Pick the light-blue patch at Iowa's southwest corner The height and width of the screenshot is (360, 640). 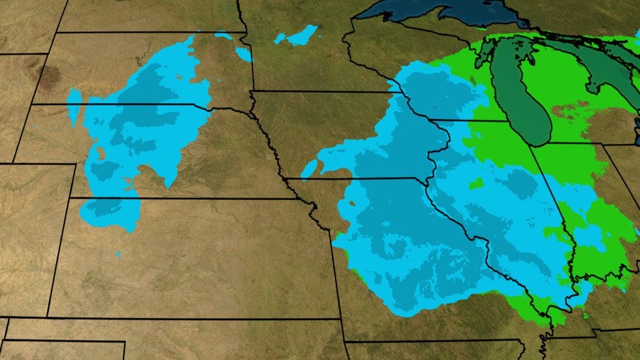click(310, 169)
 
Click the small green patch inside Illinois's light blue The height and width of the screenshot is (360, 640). click(476, 184)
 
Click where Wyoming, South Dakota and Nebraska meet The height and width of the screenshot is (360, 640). click(32, 104)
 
